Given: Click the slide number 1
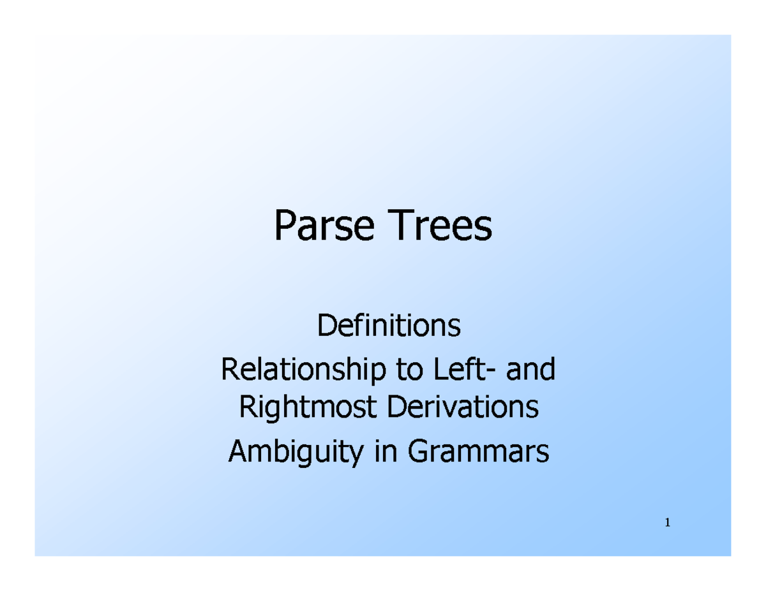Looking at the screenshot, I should (667, 523).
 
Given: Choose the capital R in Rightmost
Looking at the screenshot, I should (246, 408).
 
